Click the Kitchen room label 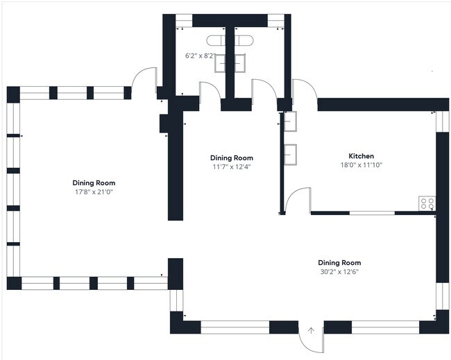point(361,156)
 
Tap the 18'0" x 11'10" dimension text point(361,165)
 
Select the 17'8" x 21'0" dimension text point(94,191)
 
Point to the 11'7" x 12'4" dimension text point(232,166)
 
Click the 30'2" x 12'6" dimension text point(339,272)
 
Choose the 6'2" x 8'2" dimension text point(201,55)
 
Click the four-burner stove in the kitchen point(427,203)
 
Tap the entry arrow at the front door point(311,331)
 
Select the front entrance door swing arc point(305,347)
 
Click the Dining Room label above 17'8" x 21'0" point(94,183)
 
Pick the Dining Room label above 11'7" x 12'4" point(232,158)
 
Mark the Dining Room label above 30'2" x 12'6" point(339,262)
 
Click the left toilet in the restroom point(216,40)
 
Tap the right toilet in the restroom point(244,40)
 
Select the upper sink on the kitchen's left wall point(291,121)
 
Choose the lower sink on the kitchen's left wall point(291,155)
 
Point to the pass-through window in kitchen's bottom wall point(372,213)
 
